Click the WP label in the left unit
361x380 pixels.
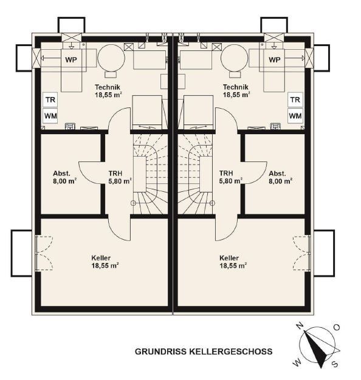point(71,59)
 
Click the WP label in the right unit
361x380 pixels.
point(274,59)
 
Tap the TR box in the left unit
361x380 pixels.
point(50,100)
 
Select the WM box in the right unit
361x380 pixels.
point(295,116)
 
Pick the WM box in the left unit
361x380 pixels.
point(50,116)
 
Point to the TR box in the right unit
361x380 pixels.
point(295,100)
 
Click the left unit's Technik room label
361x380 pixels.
point(108,87)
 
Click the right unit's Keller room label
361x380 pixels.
point(229,258)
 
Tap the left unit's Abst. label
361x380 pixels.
point(61,174)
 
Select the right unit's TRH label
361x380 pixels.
point(226,173)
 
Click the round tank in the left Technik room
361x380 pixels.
point(111,58)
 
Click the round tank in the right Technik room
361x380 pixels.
point(235,58)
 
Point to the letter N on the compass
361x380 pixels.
point(300,326)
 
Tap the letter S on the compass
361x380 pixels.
point(334,364)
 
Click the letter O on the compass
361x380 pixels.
point(337,328)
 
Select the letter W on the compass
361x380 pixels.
point(297,362)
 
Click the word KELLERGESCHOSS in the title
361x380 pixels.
point(230,351)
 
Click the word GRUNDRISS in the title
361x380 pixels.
point(160,351)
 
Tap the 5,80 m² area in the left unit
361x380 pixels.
point(120,181)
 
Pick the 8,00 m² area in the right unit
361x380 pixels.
point(280,181)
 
